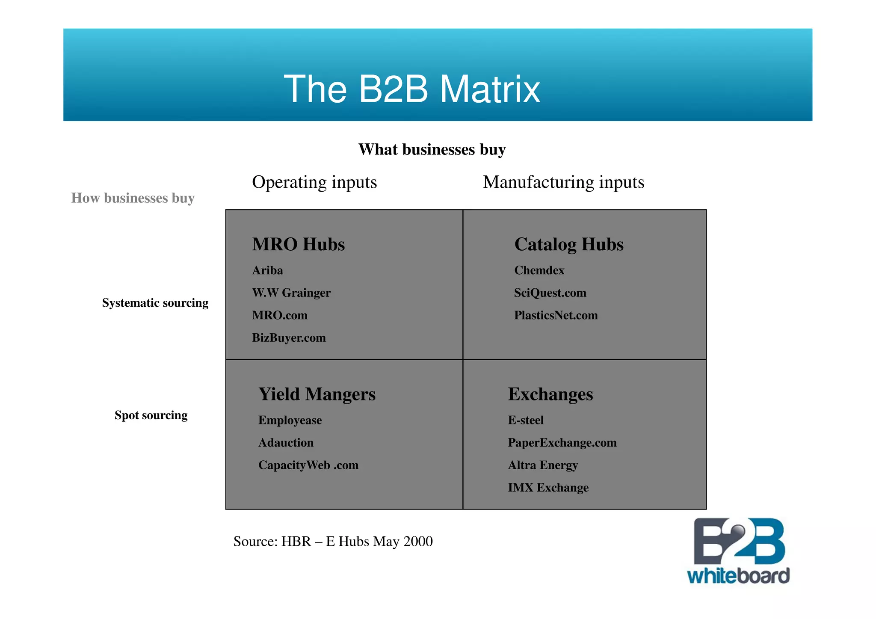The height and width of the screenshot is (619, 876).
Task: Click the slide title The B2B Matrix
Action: (411, 89)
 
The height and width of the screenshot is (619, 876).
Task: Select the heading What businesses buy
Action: (432, 150)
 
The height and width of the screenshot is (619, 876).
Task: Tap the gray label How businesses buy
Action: (133, 198)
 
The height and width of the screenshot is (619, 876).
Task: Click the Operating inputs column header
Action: (314, 182)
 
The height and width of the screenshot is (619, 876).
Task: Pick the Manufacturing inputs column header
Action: (563, 182)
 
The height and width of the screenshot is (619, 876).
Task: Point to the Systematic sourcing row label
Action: (155, 303)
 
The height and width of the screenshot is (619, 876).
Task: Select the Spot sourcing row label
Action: (151, 415)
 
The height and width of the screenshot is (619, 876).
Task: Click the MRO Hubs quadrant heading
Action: (298, 244)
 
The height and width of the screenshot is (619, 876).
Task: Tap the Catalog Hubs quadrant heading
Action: (568, 244)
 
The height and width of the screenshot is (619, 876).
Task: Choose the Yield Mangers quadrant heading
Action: (317, 394)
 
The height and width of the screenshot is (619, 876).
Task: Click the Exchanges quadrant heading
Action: (550, 394)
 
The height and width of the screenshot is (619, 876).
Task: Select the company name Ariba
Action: (267, 270)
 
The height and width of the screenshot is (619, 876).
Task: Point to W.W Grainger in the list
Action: (291, 293)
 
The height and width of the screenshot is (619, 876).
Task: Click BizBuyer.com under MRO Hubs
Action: (289, 338)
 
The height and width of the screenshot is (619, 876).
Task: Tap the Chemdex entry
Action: (539, 270)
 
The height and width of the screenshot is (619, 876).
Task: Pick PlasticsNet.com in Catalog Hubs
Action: (556, 315)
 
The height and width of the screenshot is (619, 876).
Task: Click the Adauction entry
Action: (286, 443)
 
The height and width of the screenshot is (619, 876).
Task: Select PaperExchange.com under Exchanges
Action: (562, 443)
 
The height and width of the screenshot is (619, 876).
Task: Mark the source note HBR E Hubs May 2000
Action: (333, 542)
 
